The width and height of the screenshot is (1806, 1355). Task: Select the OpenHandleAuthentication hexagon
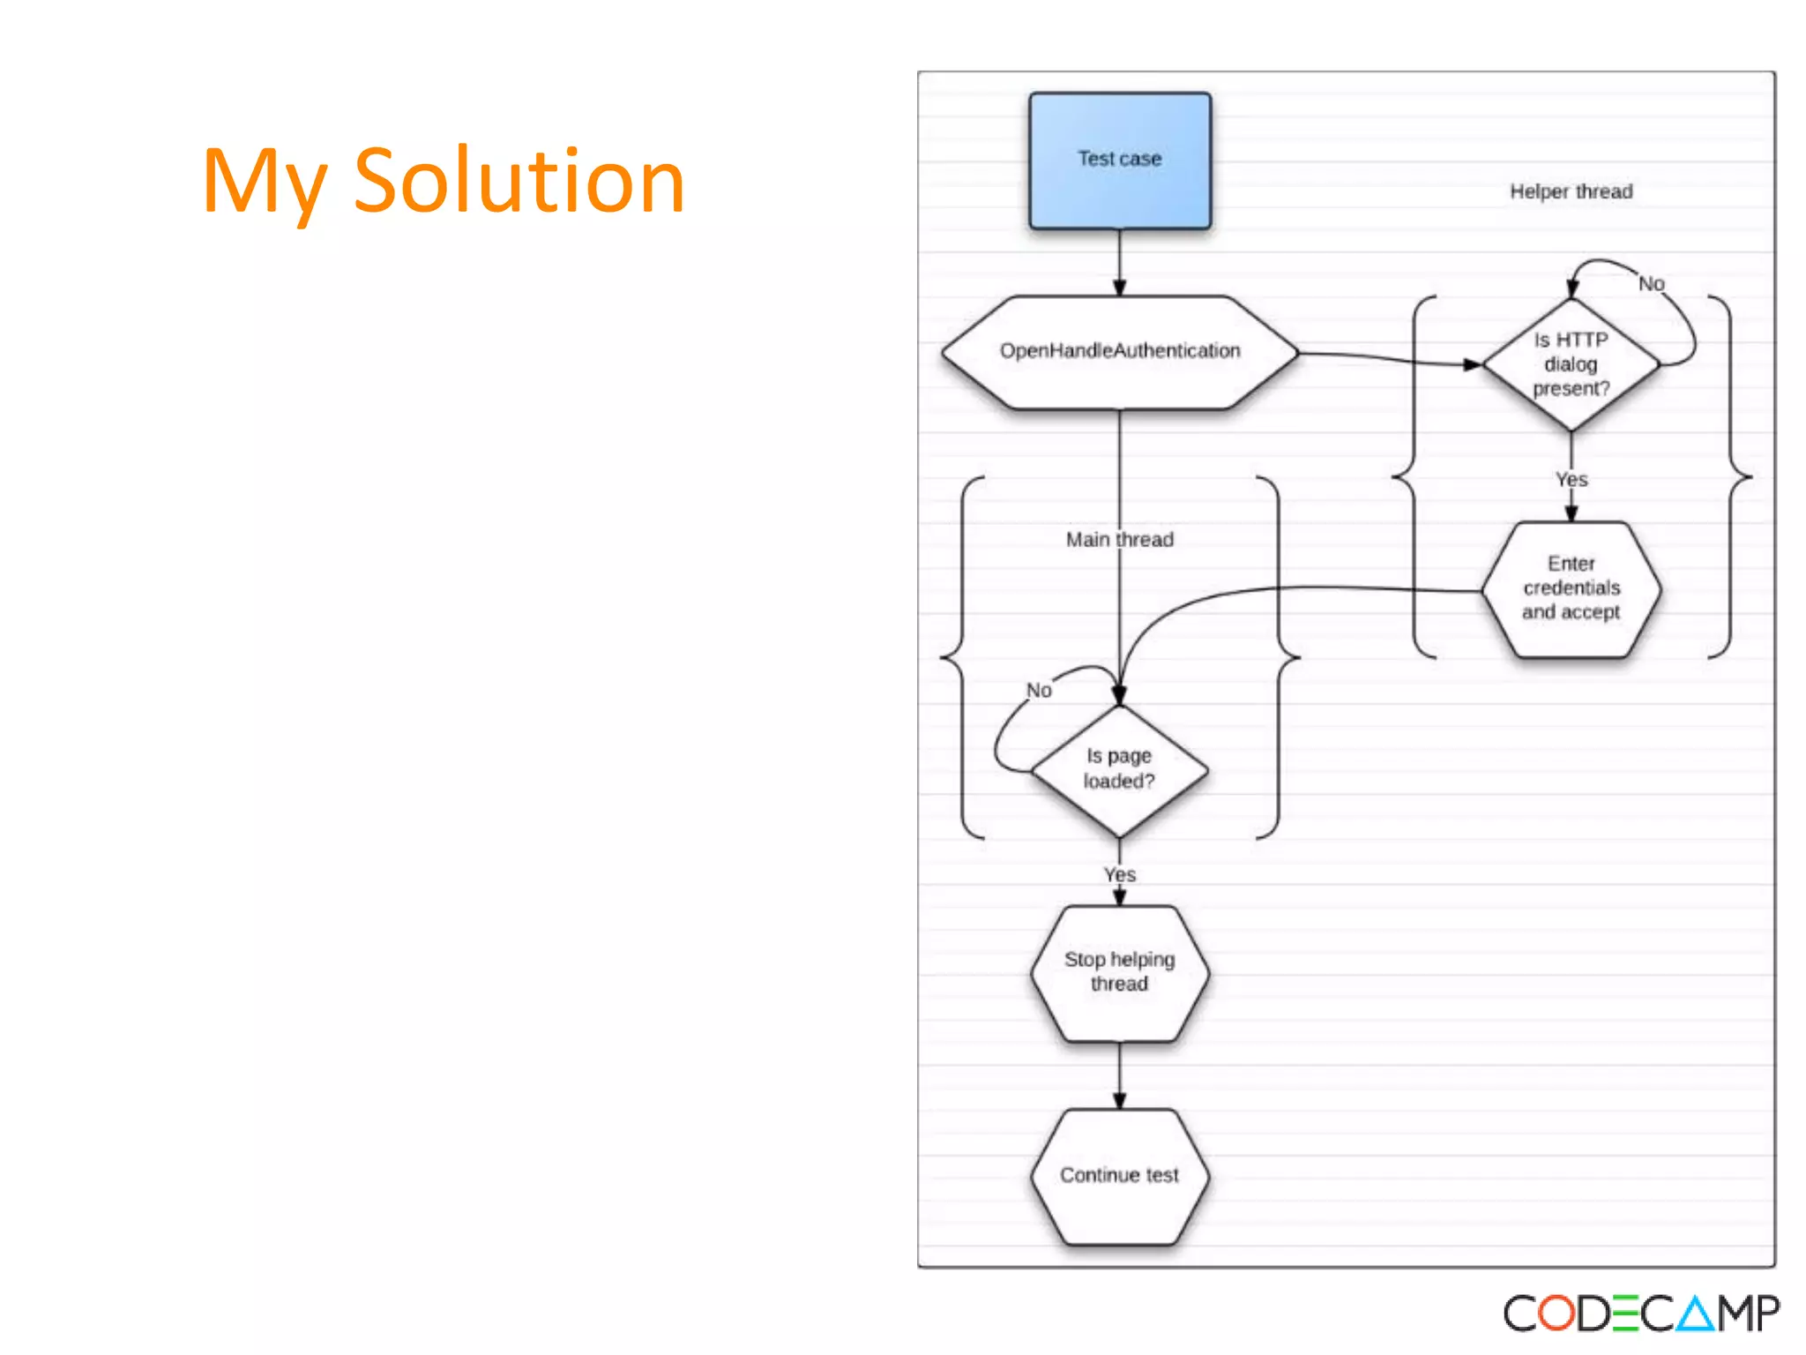pyautogui.click(x=1120, y=351)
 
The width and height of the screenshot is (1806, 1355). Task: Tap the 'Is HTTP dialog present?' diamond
pyautogui.click(x=1571, y=364)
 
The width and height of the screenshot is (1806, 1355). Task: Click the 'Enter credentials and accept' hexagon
pyautogui.click(x=1571, y=588)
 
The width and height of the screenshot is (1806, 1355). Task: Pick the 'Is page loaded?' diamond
pyautogui.click(x=1119, y=769)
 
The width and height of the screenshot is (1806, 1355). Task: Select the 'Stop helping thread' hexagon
pyautogui.click(x=1119, y=972)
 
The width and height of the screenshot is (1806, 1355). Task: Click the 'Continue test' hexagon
pyautogui.click(x=1119, y=1175)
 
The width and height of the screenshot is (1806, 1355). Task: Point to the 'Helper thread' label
pyautogui.click(x=1571, y=191)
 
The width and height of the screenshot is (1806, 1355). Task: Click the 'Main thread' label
pyautogui.click(x=1119, y=540)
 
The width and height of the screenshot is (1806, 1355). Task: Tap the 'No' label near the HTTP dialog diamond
pyautogui.click(x=1651, y=284)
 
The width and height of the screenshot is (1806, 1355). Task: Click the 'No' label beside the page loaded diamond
pyautogui.click(x=1039, y=691)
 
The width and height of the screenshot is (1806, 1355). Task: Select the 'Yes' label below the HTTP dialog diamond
pyautogui.click(x=1571, y=480)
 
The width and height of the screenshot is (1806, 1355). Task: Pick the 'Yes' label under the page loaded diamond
pyautogui.click(x=1120, y=874)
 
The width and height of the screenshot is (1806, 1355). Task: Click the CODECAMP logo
pyautogui.click(x=1641, y=1314)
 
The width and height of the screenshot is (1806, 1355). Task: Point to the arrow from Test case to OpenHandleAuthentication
pyautogui.click(x=1120, y=262)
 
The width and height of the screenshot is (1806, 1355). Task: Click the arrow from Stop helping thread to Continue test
pyautogui.click(x=1120, y=1075)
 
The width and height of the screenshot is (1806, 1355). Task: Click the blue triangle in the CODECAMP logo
pyautogui.click(x=1694, y=1314)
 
